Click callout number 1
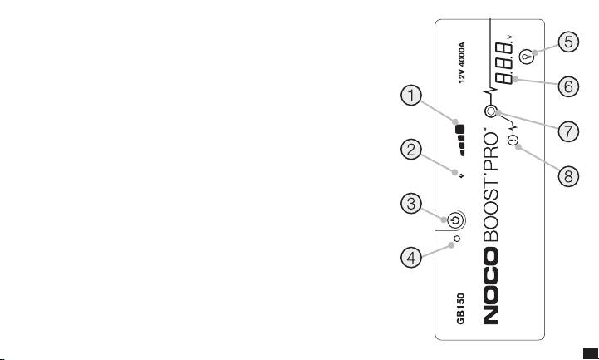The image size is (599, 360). (x=411, y=96)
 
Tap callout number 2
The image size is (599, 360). (x=411, y=150)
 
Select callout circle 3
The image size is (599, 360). (x=411, y=204)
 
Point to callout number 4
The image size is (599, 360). (x=411, y=257)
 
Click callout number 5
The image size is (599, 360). (x=568, y=42)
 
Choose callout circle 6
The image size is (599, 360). (x=568, y=86)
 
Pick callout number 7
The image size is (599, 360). (x=568, y=131)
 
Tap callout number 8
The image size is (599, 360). (x=568, y=176)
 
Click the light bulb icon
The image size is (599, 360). (x=527, y=57)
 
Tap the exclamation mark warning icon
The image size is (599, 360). (x=513, y=141)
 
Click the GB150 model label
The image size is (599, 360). (x=461, y=308)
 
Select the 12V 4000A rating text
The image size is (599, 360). (x=462, y=62)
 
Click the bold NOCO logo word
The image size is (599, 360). (x=491, y=285)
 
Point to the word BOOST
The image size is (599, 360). (x=491, y=205)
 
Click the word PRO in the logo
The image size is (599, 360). (x=491, y=147)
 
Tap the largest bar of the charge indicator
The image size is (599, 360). (x=460, y=129)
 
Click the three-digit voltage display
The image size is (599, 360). (x=504, y=63)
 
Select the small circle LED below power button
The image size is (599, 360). (x=456, y=239)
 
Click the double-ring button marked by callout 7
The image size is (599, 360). (x=491, y=111)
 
